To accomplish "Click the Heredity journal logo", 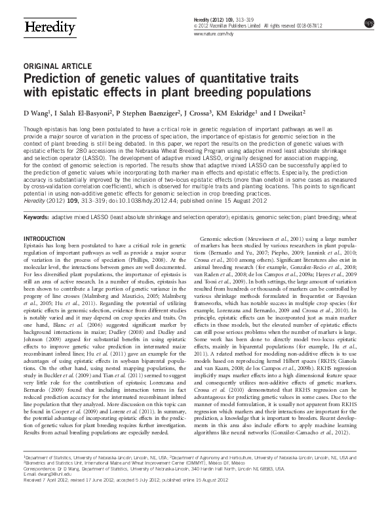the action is click(48, 28).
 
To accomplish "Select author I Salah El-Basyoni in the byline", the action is click(81, 113).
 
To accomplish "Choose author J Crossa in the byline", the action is click(195, 113).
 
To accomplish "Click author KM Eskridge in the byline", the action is click(237, 113).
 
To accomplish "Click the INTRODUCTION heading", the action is click(44, 237).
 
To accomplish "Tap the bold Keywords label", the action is click(35, 216).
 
